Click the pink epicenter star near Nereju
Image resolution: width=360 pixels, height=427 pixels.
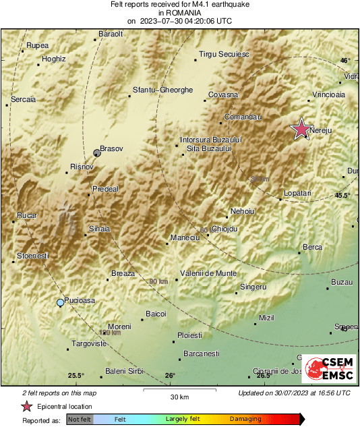[x=301, y=129]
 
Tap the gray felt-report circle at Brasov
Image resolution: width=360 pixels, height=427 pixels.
[x=97, y=154]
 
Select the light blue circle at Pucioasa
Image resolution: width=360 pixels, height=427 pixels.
[x=61, y=303]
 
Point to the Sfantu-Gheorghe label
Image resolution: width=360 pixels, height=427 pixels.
[x=163, y=90]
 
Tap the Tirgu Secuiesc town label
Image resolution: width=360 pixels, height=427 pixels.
[x=223, y=54]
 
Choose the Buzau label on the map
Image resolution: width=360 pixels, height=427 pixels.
[x=342, y=282]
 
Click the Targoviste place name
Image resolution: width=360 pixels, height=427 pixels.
[x=90, y=343]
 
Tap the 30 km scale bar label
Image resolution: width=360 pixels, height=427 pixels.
[x=179, y=397]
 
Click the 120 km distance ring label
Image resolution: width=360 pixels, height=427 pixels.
[x=110, y=333]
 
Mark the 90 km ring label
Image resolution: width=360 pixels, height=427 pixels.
[x=158, y=281]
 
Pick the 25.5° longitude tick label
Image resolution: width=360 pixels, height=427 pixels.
[x=76, y=376]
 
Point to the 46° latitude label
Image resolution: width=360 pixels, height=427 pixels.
[x=345, y=61]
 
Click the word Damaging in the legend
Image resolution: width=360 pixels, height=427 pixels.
[x=245, y=419]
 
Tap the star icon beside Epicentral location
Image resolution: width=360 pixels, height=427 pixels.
[x=26, y=406]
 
